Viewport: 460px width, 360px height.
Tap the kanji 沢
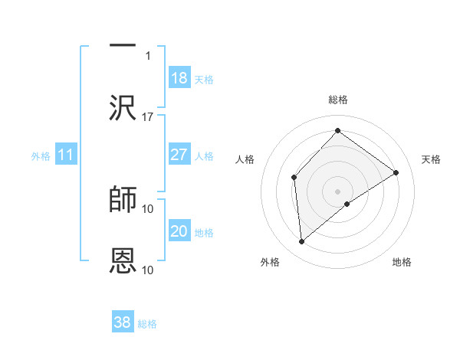tap(123, 109)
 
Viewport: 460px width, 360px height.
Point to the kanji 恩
tap(123, 261)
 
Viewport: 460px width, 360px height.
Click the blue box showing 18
tap(179, 78)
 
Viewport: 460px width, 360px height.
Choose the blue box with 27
tap(179, 155)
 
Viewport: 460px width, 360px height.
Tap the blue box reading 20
tap(179, 231)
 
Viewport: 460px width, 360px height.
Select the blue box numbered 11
tap(65, 155)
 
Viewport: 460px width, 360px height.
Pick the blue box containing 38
tap(123, 322)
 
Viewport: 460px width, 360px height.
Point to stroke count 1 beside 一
tap(148, 55)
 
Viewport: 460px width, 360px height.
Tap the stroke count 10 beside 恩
tap(148, 270)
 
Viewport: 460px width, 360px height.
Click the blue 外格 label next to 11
tap(41, 156)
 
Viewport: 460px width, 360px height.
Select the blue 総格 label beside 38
tap(147, 324)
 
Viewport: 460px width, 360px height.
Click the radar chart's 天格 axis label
tap(431, 159)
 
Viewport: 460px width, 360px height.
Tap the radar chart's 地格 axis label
tap(402, 262)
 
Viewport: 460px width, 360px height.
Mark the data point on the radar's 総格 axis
tap(337, 131)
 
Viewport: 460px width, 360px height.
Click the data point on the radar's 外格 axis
tap(302, 242)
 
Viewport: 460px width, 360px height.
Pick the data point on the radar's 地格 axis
tap(347, 204)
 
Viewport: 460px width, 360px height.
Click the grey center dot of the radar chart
tap(337, 190)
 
